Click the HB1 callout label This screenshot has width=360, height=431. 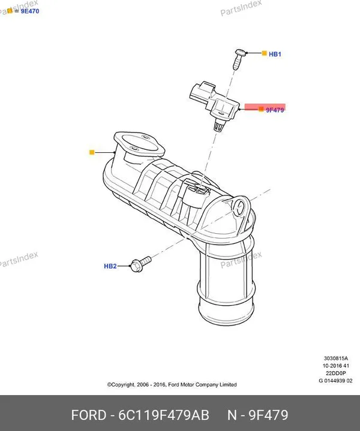click(x=275, y=54)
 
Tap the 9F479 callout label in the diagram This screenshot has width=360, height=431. click(x=275, y=110)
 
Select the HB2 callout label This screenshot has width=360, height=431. click(x=110, y=266)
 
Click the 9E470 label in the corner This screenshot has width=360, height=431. click(x=30, y=11)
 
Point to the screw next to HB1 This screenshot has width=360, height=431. click(x=239, y=59)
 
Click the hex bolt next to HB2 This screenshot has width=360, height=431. click(x=141, y=264)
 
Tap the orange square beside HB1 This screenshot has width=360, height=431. click(x=264, y=53)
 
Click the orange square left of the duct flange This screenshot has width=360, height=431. click(x=92, y=152)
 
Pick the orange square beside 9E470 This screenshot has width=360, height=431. click(x=10, y=11)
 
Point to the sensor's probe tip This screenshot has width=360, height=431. click(x=218, y=127)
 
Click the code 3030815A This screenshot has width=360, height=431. click(x=336, y=358)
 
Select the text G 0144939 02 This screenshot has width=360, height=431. click(x=335, y=381)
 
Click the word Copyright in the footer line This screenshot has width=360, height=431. click(x=121, y=385)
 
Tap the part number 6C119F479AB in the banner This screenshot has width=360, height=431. click(x=164, y=415)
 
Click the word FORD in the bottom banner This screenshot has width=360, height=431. click(x=89, y=415)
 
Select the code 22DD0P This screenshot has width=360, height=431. click(x=336, y=373)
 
